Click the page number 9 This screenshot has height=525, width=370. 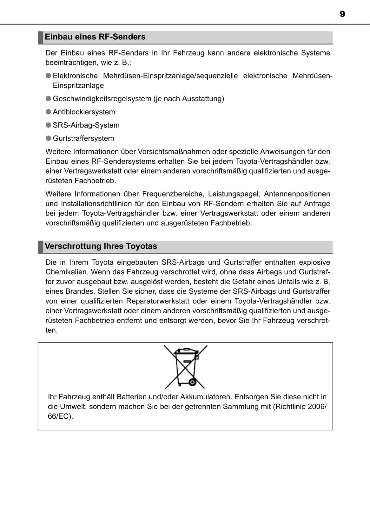[342, 14]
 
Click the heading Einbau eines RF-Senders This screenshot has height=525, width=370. [95, 37]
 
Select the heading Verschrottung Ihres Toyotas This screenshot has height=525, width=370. [101, 246]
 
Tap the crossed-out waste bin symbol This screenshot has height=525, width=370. [186, 367]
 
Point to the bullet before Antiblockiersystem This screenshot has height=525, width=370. [49, 112]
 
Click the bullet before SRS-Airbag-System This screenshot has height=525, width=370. [49, 125]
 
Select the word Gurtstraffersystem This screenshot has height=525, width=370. [83, 138]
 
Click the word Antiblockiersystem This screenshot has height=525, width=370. [84, 112]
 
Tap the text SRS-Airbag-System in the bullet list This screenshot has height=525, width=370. [86, 125]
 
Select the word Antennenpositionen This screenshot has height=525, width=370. [297, 194]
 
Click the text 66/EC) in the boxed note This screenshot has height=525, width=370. [60, 416]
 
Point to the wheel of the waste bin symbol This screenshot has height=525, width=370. [192, 382]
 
